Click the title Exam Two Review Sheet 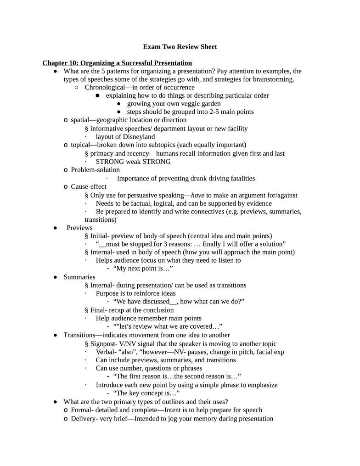point(180,47)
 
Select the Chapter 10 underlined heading point(117,63)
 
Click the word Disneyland point(139,137)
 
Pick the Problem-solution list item point(95,170)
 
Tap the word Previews point(79,228)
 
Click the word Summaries point(79,277)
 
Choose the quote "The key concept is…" point(146,393)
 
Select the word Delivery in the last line point(84,418)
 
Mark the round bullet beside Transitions point(55,335)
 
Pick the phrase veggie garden point(201,104)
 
